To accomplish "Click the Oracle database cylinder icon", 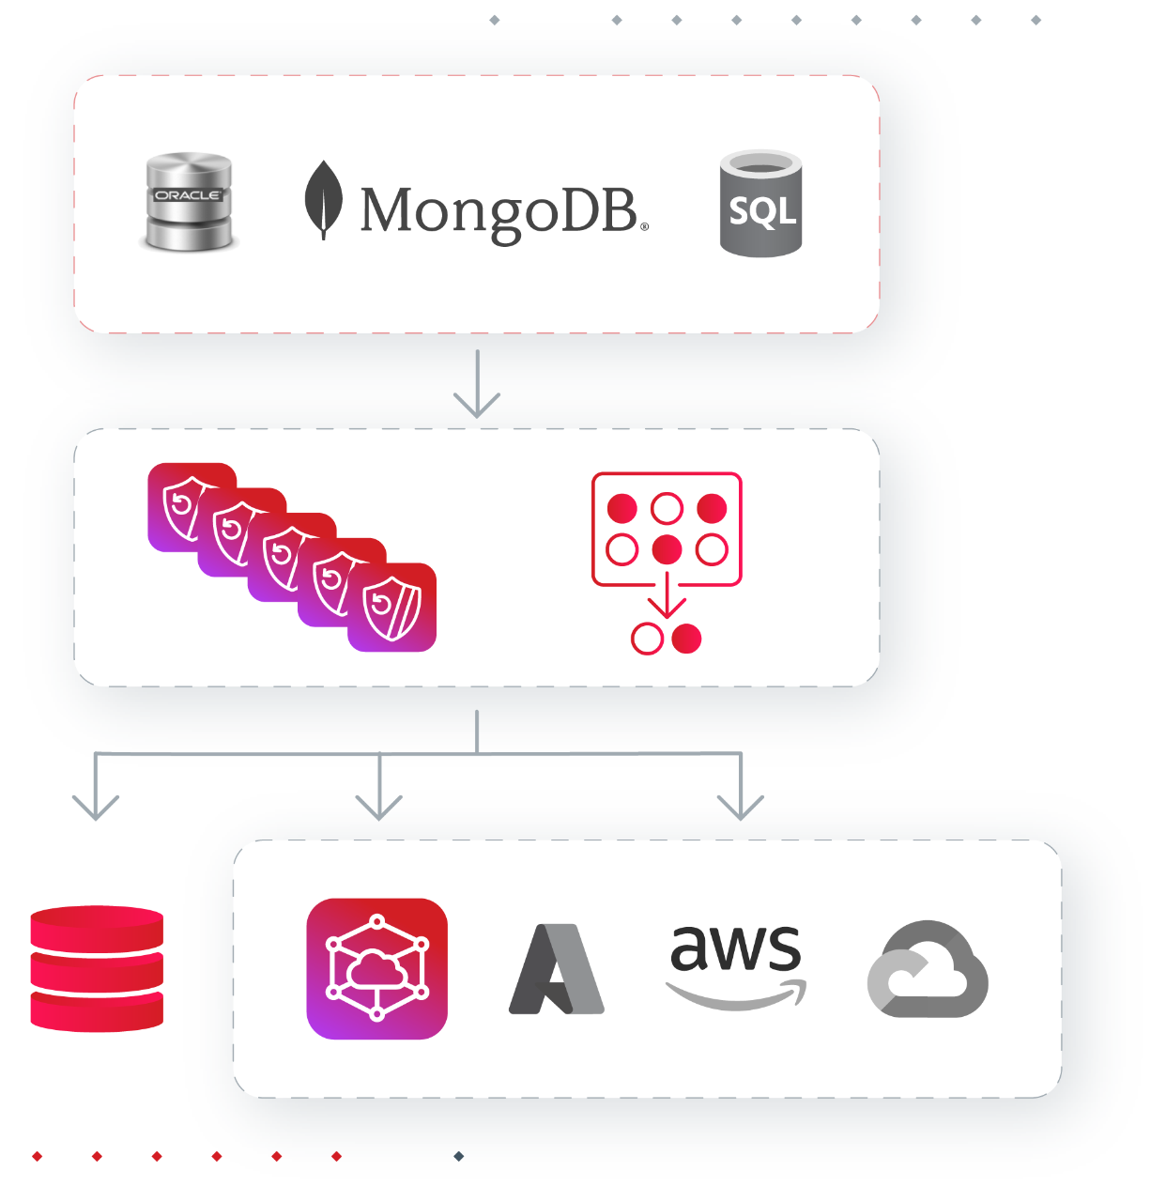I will tap(189, 202).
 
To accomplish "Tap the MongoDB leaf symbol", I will tap(322, 198).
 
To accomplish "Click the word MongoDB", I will tap(501, 210).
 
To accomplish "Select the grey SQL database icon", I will tap(760, 204).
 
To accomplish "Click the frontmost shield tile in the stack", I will tap(392, 608).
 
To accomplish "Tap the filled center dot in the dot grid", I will tap(667, 549).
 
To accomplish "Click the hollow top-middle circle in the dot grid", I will tap(667, 509).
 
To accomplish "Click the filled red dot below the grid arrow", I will tap(686, 639).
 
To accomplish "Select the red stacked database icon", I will tap(97, 968).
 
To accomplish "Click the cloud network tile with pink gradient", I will tap(376, 968).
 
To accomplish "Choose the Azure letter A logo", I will tap(557, 969).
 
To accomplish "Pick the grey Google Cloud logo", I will tap(928, 969).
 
